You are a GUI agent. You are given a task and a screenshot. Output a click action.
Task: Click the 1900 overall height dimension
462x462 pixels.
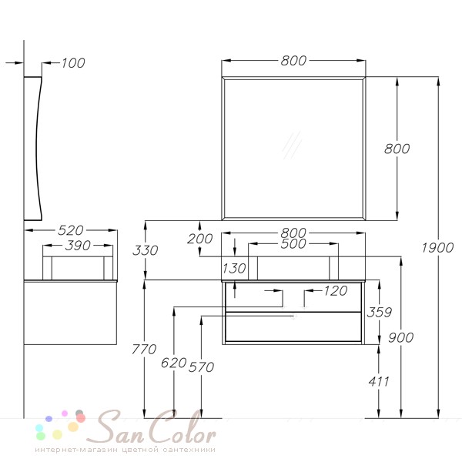pyautogui.click(x=437, y=248)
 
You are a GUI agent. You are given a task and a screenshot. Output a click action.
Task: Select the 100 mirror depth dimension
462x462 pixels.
pyautogui.click(x=73, y=63)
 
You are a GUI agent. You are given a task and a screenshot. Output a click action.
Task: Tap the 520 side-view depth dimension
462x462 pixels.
pyautogui.click(x=71, y=230)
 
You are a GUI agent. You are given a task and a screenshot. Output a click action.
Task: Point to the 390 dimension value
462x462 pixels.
pyautogui.click(x=78, y=246)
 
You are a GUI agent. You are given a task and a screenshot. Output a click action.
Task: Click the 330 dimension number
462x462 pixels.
pyautogui.click(x=146, y=250)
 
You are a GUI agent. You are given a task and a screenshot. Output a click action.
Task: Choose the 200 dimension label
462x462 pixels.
pyautogui.click(x=199, y=239)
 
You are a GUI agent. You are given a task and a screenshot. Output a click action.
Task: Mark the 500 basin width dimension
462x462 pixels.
pyautogui.click(x=293, y=243)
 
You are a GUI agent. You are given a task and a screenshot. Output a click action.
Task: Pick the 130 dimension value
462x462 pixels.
pyautogui.click(x=234, y=269)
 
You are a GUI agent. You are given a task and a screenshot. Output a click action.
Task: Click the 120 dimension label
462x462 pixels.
pyautogui.click(x=336, y=291)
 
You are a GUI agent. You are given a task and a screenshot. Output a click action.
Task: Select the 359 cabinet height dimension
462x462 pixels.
pyautogui.click(x=379, y=313)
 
